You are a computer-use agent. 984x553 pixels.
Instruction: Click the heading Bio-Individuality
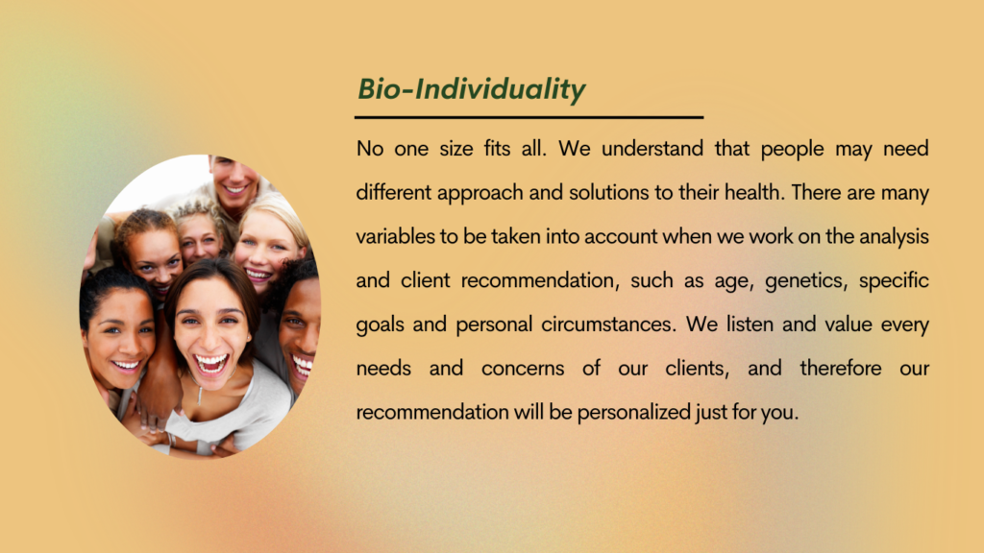[x=471, y=89]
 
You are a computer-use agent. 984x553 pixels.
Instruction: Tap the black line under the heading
[x=529, y=117]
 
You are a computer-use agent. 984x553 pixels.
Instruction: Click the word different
[x=393, y=192]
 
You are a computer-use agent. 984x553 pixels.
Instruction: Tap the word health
[x=754, y=192]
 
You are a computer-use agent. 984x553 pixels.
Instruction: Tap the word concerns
[x=523, y=369]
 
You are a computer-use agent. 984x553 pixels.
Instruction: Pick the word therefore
[x=841, y=368]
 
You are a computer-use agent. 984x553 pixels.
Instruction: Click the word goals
[x=380, y=325]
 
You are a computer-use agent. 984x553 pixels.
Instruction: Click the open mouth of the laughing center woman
[x=210, y=364]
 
